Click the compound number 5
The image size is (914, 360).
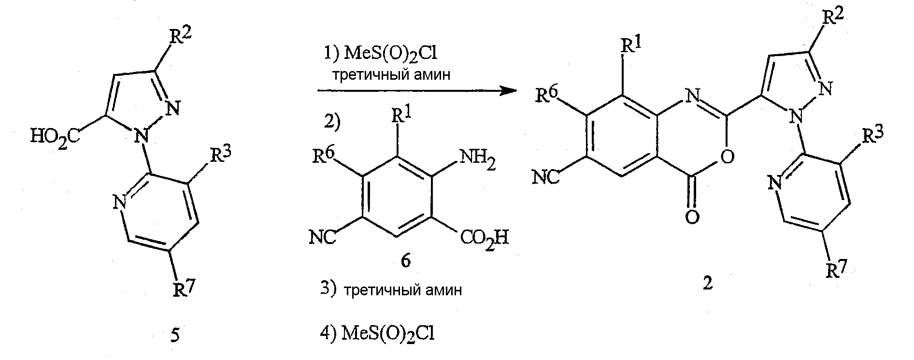(175, 335)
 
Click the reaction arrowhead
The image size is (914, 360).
(505, 90)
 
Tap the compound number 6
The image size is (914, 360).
(405, 261)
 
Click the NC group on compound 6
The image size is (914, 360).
(322, 238)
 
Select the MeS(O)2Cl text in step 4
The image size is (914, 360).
(388, 334)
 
